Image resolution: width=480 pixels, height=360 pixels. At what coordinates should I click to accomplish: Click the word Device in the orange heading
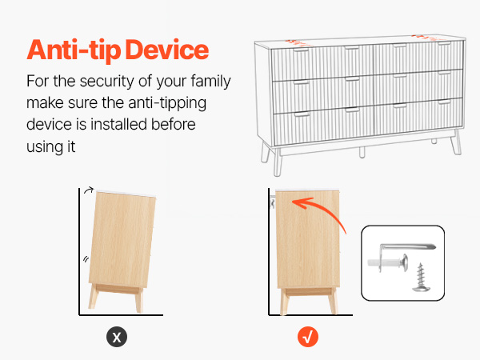167,50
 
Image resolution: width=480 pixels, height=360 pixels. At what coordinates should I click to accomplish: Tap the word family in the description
210,82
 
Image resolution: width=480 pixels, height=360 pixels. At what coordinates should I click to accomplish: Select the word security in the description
106,82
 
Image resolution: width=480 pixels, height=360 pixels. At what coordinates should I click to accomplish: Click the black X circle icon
117,337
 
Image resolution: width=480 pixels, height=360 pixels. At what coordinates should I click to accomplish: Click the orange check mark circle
308,337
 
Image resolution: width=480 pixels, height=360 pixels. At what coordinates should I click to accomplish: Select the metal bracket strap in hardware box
407,246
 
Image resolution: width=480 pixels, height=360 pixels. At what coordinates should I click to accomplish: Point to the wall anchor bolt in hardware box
388,262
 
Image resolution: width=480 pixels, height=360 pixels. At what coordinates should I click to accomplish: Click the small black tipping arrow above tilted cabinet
89,190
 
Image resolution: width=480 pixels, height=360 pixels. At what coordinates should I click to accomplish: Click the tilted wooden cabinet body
122,239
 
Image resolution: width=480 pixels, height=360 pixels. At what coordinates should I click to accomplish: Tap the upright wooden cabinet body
308,238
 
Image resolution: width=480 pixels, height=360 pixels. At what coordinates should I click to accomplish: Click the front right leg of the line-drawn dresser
456,142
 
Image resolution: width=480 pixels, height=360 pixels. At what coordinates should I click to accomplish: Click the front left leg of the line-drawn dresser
278,162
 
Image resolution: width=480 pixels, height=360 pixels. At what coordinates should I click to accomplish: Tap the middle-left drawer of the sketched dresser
323,95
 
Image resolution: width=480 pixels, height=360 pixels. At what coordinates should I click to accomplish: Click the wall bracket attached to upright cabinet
272,203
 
